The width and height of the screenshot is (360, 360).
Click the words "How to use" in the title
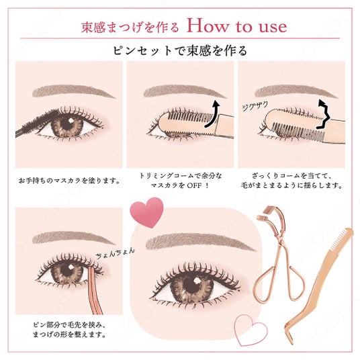pyautogui.click(x=236, y=26)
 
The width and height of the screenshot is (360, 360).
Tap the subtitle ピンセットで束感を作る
pyautogui.click(x=180, y=50)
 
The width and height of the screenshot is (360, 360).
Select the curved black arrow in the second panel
pyautogui.click(x=212, y=114)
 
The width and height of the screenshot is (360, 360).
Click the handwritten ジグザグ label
pyautogui.click(x=255, y=106)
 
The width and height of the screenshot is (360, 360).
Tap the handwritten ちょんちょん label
pyautogui.click(x=115, y=253)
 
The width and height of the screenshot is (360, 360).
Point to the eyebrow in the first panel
pyautogui.click(x=73, y=91)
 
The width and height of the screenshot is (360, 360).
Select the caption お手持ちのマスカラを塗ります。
pyautogui.click(x=69, y=181)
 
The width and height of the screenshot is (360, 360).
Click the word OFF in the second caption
pyautogui.click(x=194, y=185)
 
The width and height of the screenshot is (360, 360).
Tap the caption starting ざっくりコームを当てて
pyautogui.click(x=291, y=181)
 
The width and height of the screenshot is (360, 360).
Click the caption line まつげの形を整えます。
pyautogui.click(x=69, y=334)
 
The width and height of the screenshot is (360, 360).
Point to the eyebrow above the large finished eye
pyautogui.click(x=200, y=242)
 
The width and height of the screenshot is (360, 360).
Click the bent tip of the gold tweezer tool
pyautogui.click(x=289, y=336)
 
